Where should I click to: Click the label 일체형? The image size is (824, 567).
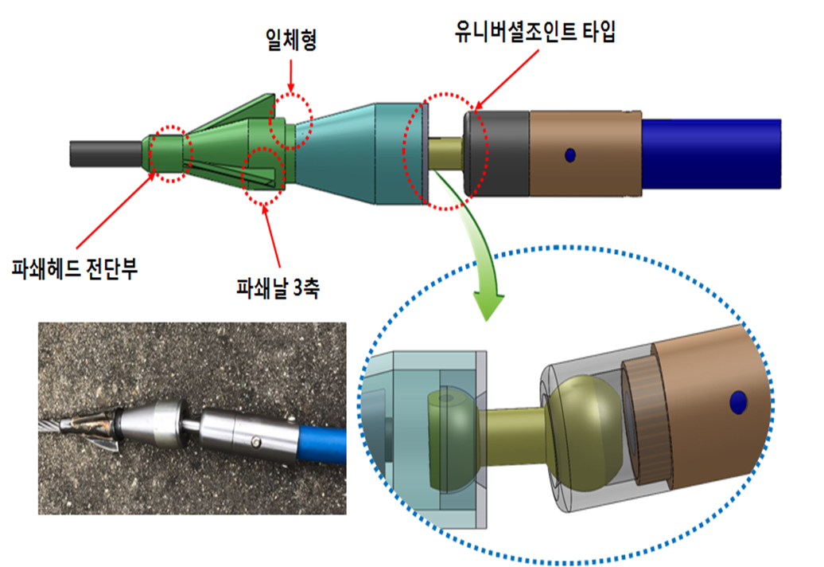click(291, 41)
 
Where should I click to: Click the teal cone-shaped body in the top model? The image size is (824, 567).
click(358, 151)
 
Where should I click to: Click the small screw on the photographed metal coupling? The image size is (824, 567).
click(254, 440)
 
